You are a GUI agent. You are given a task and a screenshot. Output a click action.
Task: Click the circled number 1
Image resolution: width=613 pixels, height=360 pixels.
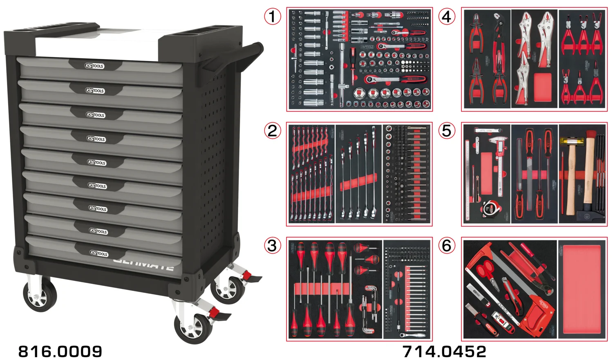tap(273, 17)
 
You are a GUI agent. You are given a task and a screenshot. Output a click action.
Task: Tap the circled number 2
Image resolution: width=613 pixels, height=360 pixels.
tap(273, 131)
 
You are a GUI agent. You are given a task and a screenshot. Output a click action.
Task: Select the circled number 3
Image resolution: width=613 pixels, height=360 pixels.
tap(273, 246)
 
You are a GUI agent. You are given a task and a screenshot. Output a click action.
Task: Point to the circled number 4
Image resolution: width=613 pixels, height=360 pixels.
tap(447, 17)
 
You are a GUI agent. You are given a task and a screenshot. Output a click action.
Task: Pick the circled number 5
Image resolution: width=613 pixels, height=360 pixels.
tap(447, 131)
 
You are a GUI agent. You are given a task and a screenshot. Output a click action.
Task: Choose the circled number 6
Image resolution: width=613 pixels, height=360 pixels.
tap(447, 246)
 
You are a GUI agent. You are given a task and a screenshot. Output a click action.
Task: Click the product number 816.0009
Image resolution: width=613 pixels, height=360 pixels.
tap(60, 351)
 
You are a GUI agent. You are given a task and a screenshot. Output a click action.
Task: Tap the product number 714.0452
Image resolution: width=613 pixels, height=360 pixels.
tap(444, 351)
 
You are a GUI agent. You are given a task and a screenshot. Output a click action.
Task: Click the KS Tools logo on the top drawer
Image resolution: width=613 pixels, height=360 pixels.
tap(94, 66)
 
